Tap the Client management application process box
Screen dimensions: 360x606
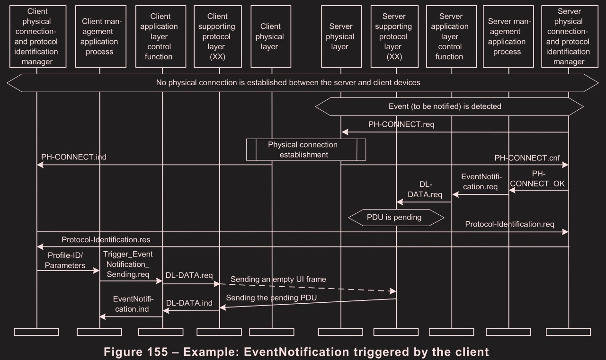point(99,36)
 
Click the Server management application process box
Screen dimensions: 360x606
point(509,36)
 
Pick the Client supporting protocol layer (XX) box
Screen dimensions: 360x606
point(220,36)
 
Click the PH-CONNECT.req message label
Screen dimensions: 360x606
point(401,125)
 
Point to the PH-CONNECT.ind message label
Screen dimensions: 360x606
point(73,157)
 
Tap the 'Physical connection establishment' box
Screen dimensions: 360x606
point(306,149)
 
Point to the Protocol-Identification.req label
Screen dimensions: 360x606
point(509,224)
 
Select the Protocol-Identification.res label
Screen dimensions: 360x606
point(106,239)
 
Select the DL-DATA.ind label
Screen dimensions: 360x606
point(189,303)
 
